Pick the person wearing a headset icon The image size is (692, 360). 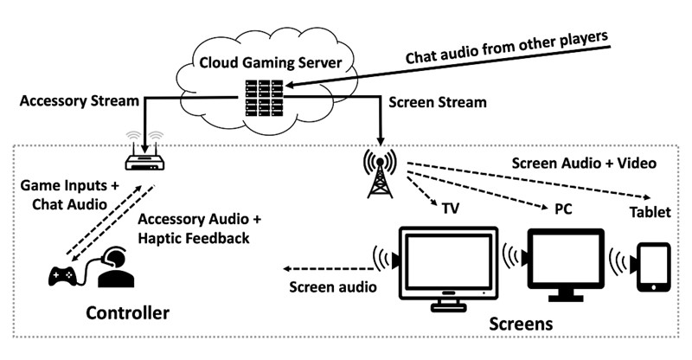pos(115,267)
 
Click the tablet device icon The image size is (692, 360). pos(653,268)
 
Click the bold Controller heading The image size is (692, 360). pos(128,311)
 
